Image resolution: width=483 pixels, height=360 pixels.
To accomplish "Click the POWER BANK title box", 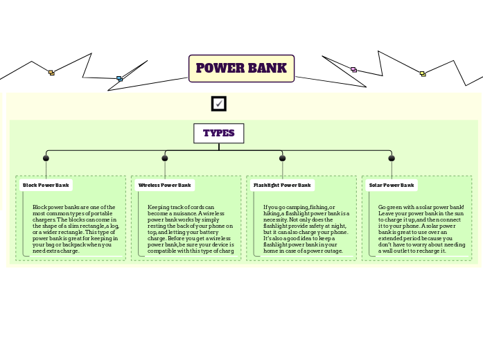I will click(241, 69).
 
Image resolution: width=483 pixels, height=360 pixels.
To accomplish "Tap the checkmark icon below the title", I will click(219, 103).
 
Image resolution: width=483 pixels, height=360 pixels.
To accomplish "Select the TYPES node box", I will click(218, 133).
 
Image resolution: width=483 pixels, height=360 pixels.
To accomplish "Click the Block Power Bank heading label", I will click(46, 186).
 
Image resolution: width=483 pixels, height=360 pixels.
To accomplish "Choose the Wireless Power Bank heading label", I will click(164, 186).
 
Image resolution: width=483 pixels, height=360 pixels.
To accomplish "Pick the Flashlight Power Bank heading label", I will click(281, 186).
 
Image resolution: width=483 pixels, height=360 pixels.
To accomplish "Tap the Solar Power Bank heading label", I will click(392, 186).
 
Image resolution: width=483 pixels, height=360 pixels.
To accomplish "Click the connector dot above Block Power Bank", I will click(46, 159).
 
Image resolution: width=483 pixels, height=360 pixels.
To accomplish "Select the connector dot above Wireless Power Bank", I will click(165, 159).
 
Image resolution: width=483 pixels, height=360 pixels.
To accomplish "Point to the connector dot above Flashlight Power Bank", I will click(282, 159).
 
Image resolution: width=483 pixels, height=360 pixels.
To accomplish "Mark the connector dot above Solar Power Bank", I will click(392, 159).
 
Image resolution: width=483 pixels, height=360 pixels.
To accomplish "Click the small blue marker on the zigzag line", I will click(119, 79).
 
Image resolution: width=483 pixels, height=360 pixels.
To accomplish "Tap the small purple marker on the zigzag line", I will click(353, 69).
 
